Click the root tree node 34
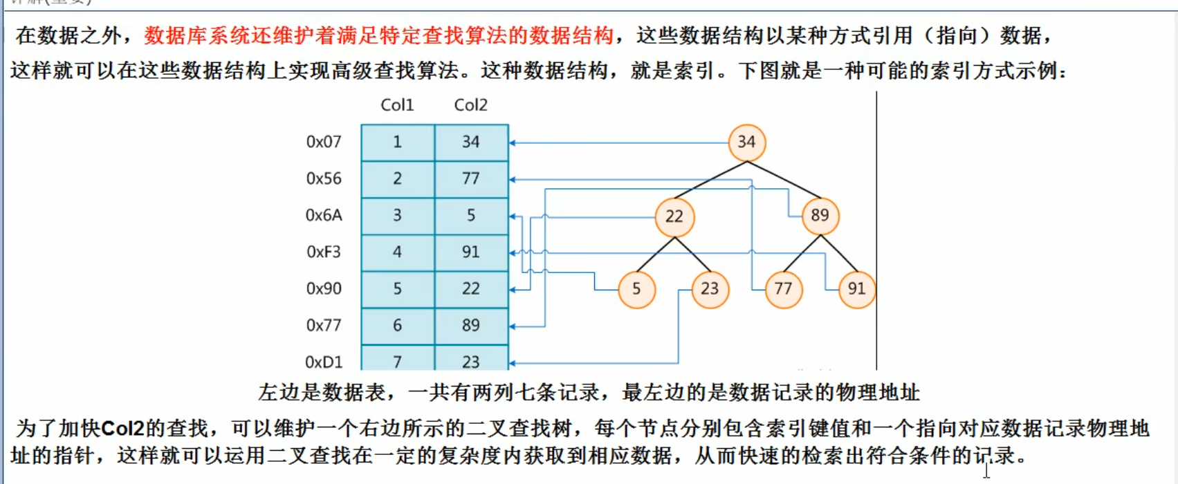pyautogui.click(x=746, y=142)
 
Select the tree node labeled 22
pyautogui.click(x=674, y=216)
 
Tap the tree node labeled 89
pyautogui.click(x=820, y=216)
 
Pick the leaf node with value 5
pyautogui.click(x=636, y=289)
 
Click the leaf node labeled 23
pyautogui.click(x=710, y=289)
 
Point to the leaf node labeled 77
pyautogui.click(x=783, y=289)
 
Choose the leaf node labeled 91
pyautogui.click(x=856, y=289)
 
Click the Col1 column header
pyautogui.click(x=397, y=105)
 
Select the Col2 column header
pyautogui.click(x=470, y=105)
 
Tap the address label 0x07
pyautogui.click(x=324, y=142)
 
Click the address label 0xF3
pyautogui.click(x=324, y=252)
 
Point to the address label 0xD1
pyautogui.click(x=324, y=362)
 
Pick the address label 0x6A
pyautogui.click(x=324, y=215)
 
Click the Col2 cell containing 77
pyautogui.click(x=471, y=179)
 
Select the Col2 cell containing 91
pyautogui.click(x=471, y=252)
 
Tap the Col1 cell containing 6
pyautogui.click(x=398, y=326)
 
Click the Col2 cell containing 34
pyautogui.click(x=471, y=142)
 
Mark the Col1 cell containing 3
pyautogui.click(x=398, y=216)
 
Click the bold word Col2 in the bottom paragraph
pyautogui.click(x=122, y=429)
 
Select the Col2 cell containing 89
pyautogui.click(x=471, y=326)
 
